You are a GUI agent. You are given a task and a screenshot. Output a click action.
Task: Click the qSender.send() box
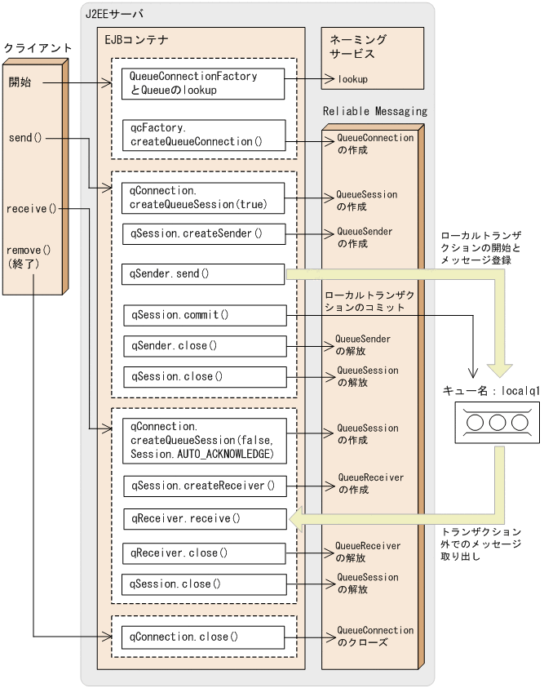click(x=202, y=273)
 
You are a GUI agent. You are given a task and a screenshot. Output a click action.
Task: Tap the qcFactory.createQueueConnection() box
click(x=202, y=135)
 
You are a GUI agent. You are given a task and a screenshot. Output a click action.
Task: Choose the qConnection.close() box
click(x=202, y=636)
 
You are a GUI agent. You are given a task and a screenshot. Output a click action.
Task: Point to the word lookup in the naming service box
click(x=352, y=79)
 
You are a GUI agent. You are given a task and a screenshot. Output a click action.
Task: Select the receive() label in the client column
click(x=30, y=208)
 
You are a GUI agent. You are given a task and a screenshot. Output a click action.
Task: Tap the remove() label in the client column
click(x=29, y=250)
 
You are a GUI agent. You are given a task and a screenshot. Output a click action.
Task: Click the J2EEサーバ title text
click(x=114, y=14)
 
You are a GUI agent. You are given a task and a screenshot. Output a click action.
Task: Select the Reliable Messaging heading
click(x=374, y=111)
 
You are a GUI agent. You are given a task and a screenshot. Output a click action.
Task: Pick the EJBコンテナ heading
click(x=135, y=38)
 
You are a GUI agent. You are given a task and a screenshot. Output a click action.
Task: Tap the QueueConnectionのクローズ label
click(x=374, y=637)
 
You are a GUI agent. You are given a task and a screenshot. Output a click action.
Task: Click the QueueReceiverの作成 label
click(x=370, y=484)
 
